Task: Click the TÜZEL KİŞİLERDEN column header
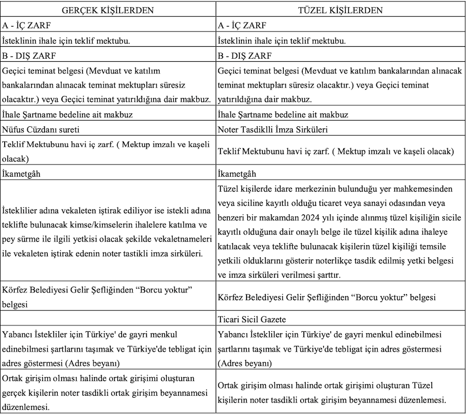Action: [341, 10]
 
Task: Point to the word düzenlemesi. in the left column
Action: [26, 407]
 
